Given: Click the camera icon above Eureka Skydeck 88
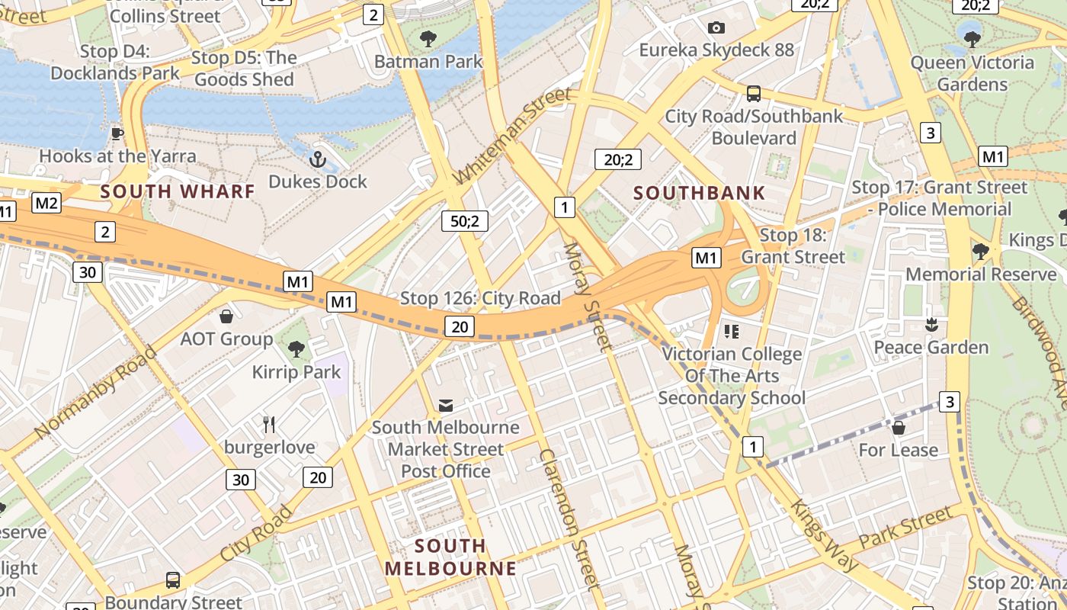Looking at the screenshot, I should pos(716,28).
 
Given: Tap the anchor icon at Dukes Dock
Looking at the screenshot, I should pos(317,159).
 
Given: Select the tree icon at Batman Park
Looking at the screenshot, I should pos(428,38).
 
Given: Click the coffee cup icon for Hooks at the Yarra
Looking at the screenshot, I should pos(117,133).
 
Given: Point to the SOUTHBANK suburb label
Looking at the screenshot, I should pos(699,193).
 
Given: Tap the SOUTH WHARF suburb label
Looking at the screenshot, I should pos(178,191).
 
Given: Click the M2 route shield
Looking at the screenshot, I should pos(47,203).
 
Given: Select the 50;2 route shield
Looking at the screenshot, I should pos(464,221).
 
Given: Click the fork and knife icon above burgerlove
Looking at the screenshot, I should pos(268,424).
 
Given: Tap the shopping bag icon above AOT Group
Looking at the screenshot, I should pos(226,316).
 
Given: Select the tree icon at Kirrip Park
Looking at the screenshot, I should pos(296,349).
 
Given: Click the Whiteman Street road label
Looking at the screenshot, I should pos(511,136).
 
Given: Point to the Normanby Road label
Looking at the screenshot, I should pos(95,393).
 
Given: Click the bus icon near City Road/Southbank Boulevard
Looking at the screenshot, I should pos(753,94).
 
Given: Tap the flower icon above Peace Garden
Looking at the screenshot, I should pos(930,326).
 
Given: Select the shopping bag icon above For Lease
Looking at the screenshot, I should pos(899,428).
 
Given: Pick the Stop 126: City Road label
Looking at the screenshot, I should pos(480,298).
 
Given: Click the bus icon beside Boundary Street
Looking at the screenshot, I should pos(173,580).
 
